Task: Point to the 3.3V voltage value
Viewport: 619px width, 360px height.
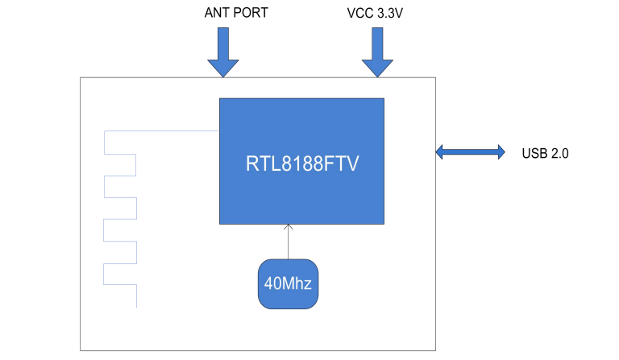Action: click(x=393, y=14)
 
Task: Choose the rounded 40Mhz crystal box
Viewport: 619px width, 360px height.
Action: click(x=288, y=283)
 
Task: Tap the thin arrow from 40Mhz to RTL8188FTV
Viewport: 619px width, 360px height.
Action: click(x=288, y=242)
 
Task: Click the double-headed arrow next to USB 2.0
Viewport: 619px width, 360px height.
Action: click(x=471, y=151)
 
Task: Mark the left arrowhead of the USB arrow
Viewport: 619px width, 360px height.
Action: click(x=441, y=151)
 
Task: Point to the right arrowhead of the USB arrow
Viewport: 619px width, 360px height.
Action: click(x=501, y=151)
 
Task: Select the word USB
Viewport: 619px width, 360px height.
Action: click(x=534, y=152)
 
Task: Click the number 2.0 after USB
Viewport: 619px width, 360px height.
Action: click(x=559, y=152)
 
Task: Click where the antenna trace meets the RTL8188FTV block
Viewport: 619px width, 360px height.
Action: click(x=220, y=131)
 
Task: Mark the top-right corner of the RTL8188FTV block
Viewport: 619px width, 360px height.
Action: click(x=384, y=98)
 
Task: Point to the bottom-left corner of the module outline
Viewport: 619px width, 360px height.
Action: click(x=80, y=350)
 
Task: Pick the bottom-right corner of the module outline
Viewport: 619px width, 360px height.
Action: click(x=435, y=350)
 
